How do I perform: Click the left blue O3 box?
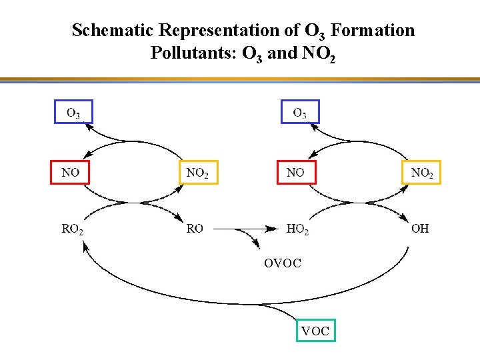[x=73, y=112]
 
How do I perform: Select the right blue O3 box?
[x=299, y=112]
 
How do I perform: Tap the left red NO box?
[x=71, y=172]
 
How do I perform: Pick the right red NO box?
[x=296, y=172]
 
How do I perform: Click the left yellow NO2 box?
[x=198, y=173]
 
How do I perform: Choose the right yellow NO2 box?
[x=421, y=173]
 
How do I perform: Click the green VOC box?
[x=315, y=330]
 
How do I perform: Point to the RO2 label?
[x=73, y=229]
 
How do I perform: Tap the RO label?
[x=195, y=229]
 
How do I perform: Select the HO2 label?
[x=297, y=229]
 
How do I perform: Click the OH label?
[x=420, y=229]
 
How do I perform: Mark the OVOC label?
[x=282, y=263]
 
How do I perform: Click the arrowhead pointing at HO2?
[x=272, y=229]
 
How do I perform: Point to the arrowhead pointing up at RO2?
[x=85, y=246]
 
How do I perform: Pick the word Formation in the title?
[x=372, y=31]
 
